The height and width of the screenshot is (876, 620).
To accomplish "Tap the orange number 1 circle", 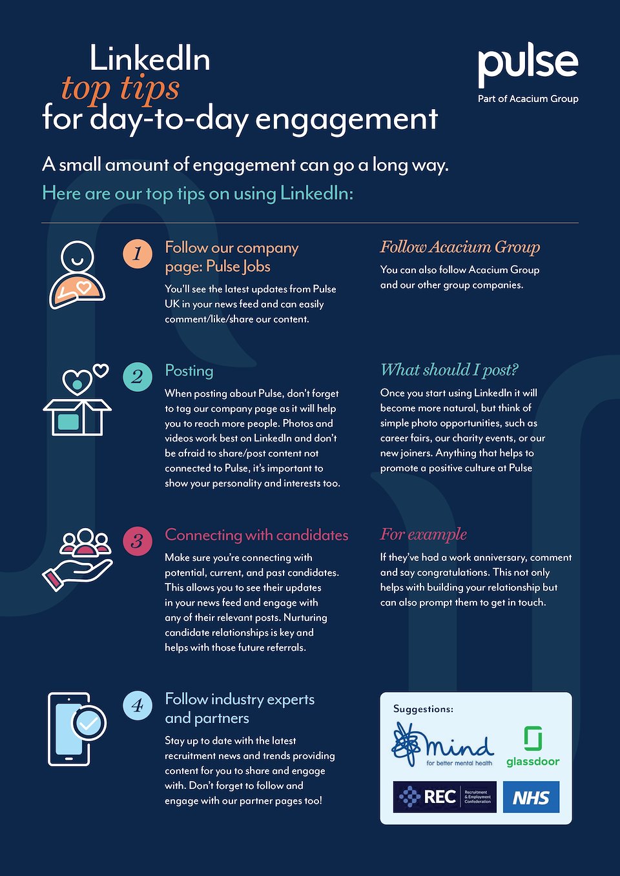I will coord(138,254).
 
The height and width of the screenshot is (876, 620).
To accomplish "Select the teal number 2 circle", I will coord(138,376).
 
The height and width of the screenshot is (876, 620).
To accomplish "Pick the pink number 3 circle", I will coord(138,541).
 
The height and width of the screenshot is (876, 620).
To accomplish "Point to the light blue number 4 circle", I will coord(138,706).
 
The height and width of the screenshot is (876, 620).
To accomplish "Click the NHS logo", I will coord(531,797).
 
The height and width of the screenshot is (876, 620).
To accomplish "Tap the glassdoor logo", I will coord(533,747).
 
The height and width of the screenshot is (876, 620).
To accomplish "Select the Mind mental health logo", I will coord(443,744).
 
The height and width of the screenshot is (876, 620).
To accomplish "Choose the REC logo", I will coord(444,797).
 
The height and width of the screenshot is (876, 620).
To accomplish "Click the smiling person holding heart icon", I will coord(77,274).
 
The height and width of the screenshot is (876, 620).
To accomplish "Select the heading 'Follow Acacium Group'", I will coord(460,247).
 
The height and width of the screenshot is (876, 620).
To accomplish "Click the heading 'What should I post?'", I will coord(449,370).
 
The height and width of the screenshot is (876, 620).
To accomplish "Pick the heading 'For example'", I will coord(424,535).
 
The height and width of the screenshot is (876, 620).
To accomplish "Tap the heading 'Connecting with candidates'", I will coord(256,535).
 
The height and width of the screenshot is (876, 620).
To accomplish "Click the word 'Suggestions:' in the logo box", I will coord(423,709).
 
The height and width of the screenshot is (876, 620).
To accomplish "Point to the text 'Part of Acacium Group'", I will coord(528,99).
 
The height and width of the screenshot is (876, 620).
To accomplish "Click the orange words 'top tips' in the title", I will coord(121,88).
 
